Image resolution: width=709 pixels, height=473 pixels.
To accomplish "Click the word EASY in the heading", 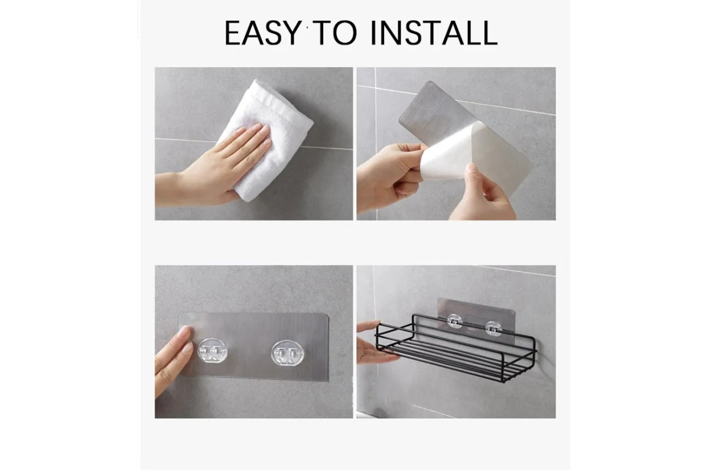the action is coord(263,33).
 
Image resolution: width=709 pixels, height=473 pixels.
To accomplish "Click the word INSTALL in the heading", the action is coord(434,33).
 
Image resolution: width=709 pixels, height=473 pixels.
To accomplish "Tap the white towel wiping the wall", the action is coord(265,140).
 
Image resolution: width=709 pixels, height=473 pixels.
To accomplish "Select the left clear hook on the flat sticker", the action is coord(212,351).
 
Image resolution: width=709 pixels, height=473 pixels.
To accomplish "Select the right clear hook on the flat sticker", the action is coord(287,352).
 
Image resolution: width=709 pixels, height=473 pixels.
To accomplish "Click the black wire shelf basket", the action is coord(456,347).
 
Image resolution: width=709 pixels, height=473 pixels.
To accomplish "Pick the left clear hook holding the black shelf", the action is coord(454,321).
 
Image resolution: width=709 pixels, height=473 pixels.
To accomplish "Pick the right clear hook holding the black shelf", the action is coord(493,329).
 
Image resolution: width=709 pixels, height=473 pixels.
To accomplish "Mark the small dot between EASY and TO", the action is coord(307,28).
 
